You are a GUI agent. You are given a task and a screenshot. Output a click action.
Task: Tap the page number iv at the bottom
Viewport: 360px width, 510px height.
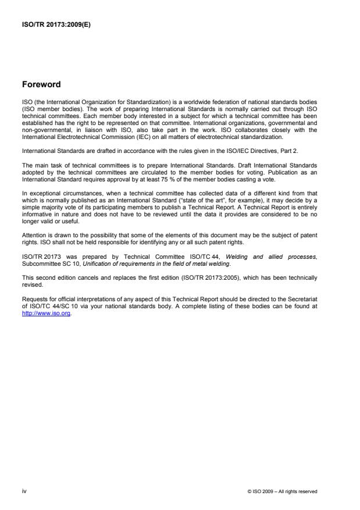coord(24,491)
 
